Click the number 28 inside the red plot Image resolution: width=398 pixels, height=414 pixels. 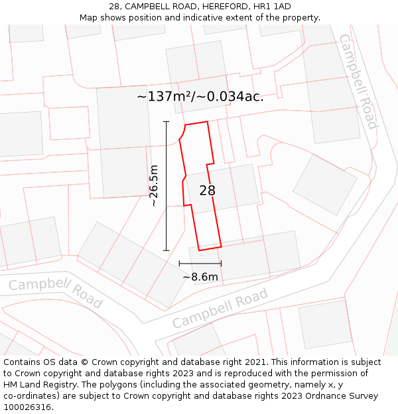[208, 191]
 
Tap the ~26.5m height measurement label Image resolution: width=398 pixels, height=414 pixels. [154, 186]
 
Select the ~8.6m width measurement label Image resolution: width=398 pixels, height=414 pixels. [200, 277]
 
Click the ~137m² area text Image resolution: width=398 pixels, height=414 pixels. [165, 97]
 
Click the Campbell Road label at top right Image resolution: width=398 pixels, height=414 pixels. [358, 81]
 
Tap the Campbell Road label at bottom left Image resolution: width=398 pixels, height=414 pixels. [56, 293]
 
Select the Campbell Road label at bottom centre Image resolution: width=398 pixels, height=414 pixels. [220, 308]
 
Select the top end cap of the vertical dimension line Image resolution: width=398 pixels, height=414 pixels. [166, 122]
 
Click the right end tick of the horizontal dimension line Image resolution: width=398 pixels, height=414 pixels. [221, 264]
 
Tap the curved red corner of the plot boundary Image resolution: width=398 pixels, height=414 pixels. [181, 134]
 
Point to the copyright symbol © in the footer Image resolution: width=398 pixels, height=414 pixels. [84, 362]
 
